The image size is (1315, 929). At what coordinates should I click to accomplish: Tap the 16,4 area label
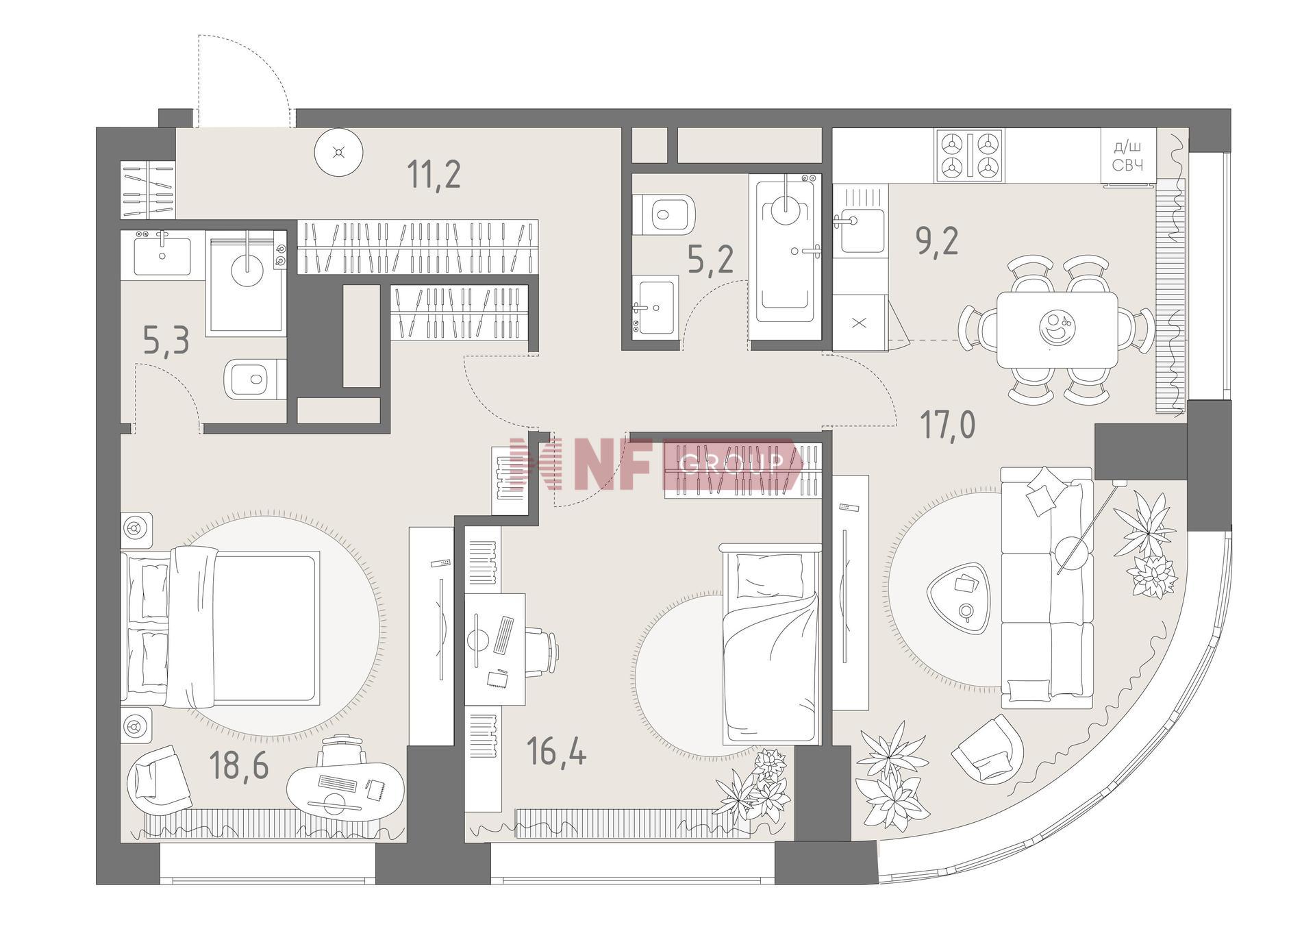click(x=557, y=752)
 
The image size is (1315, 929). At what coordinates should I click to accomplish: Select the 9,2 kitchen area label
click(x=937, y=241)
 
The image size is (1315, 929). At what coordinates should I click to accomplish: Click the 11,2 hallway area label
click(x=434, y=173)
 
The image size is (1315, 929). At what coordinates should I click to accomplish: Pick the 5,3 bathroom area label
click(x=166, y=340)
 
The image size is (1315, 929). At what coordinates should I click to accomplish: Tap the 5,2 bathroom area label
click(x=711, y=260)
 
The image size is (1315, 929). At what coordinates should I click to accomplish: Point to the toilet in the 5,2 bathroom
click(x=663, y=214)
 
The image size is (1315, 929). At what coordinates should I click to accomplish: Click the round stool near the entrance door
click(x=338, y=152)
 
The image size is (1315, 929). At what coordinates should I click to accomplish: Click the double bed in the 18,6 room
click(x=221, y=627)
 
